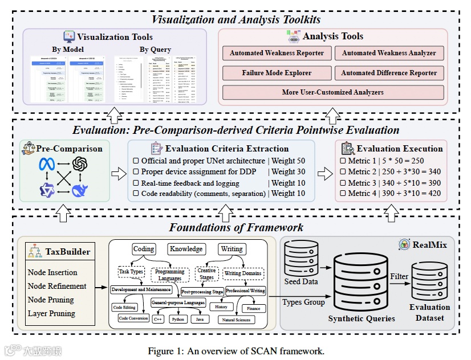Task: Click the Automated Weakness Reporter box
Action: pyautogui.click(x=277, y=53)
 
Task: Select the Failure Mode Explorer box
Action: pyautogui.click(x=277, y=73)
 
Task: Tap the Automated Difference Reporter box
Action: pyautogui.click(x=389, y=73)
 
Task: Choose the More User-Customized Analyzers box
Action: pyautogui.click(x=332, y=92)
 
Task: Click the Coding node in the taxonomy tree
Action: pyautogui.click(x=144, y=249)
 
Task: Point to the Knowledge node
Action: pyautogui.click(x=186, y=249)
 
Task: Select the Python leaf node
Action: pyautogui.click(x=178, y=320)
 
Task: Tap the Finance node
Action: pyautogui.click(x=254, y=308)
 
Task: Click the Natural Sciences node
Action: pyautogui.click(x=236, y=320)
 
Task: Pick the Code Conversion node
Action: pyautogui.click(x=133, y=318)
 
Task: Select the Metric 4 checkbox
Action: pyautogui.click(x=343, y=194)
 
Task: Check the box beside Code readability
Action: pyautogui.click(x=136, y=194)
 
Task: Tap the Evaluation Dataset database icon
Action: pyautogui.click(x=429, y=283)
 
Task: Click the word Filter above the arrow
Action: pyautogui.click(x=399, y=276)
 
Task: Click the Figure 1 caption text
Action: pyautogui.click(x=235, y=351)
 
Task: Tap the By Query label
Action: pyautogui.click(x=155, y=50)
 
